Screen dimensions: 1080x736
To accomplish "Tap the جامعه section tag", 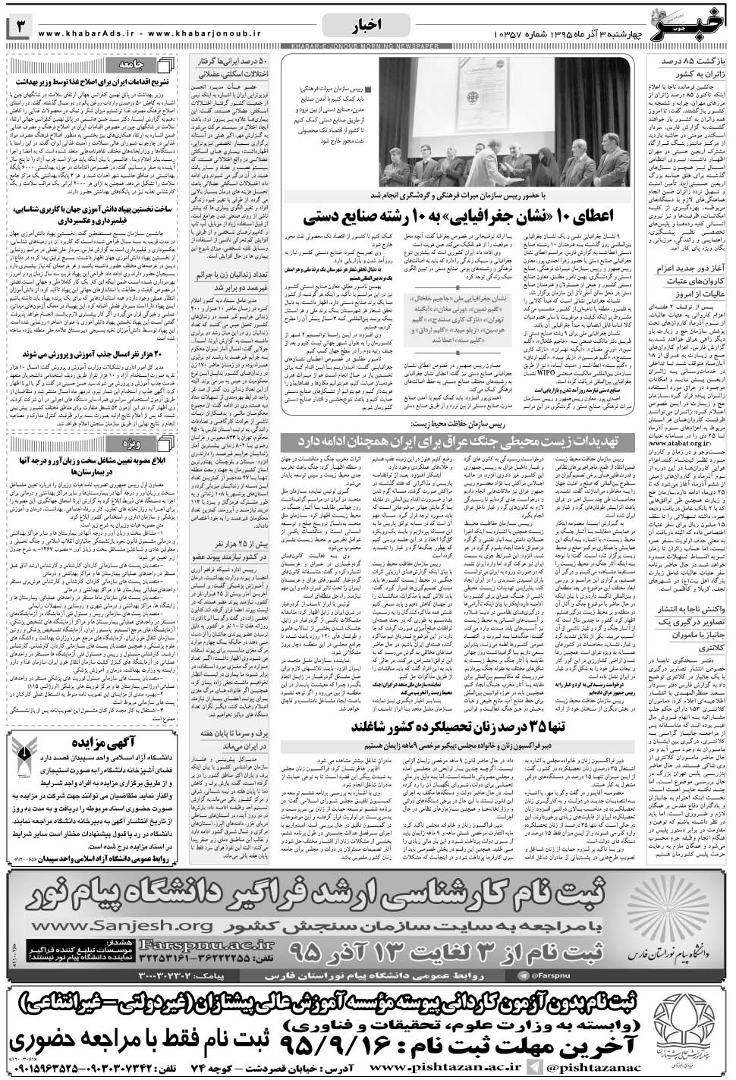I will coord(146,64).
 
